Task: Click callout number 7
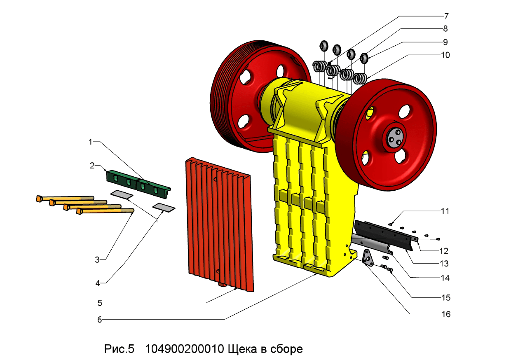(446, 17)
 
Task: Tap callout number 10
(445, 55)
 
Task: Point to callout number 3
(97, 260)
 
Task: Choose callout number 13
(445, 264)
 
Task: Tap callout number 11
(445, 211)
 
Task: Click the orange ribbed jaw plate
(218, 222)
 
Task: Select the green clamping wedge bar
(138, 183)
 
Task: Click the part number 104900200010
(184, 349)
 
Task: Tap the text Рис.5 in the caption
(119, 349)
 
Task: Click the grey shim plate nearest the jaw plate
(164, 207)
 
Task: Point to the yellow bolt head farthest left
(39, 199)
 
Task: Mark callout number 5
(99, 303)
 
